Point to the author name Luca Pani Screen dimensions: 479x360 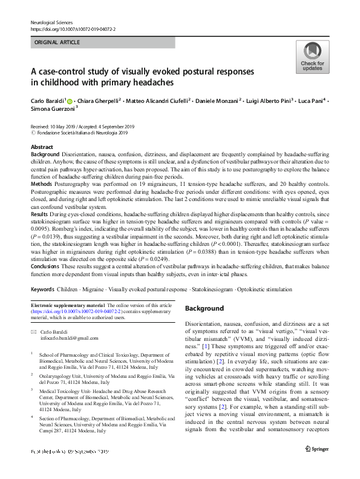coord(313,100)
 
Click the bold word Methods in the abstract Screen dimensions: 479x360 coord(41,183)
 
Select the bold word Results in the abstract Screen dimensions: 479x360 coord(40,214)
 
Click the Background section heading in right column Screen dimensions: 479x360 coord(205,308)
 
